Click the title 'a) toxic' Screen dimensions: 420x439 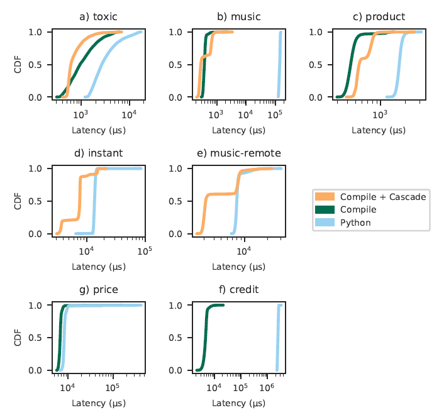pos(99,16)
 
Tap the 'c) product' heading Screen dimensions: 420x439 pos(379,16)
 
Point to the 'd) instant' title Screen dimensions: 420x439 pos(99,153)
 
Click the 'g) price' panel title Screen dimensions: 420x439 pos(99,290)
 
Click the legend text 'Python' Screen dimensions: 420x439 pos(355,222)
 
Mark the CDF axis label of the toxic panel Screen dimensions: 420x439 pos(18,64)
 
